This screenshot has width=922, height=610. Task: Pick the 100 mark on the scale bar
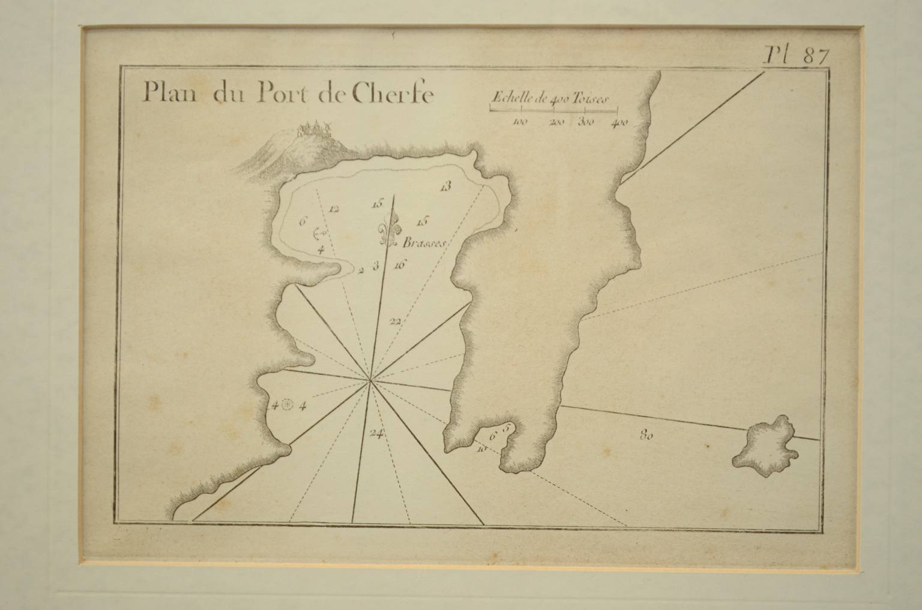pyautogui.click(x=520, y=123)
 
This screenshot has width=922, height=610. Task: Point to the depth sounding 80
pyautogui.click(x=646, y=436)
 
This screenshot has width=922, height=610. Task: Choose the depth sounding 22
pyautogui.click(x=394, y=321)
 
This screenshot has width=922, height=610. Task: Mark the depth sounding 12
pyautogui.click(x=334, y=209)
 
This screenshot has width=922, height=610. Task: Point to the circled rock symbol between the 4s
pyautogui.click(x=287, y=405)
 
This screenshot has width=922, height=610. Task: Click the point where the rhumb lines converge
pyautogui.click(x=371, y=380)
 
